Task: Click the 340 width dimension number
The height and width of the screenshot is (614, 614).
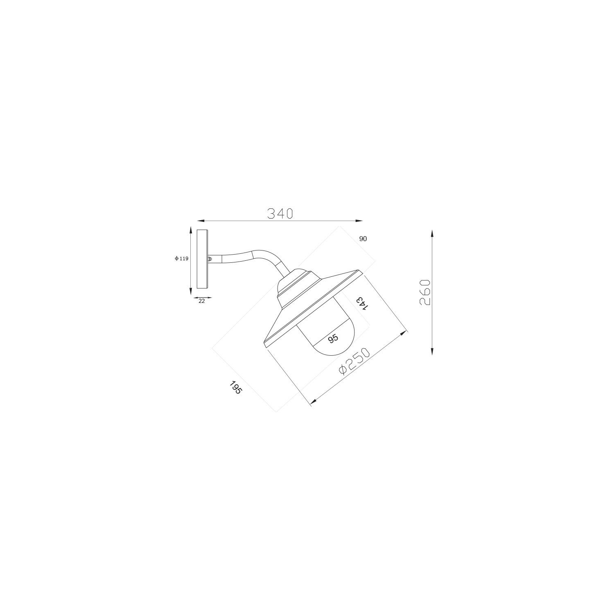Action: tap(280, 213)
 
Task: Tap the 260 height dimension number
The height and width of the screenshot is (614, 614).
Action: tap(425, 292)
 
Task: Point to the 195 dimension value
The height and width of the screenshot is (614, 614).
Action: tap(236, 388)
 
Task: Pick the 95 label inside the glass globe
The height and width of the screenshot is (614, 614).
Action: tap(333, 338)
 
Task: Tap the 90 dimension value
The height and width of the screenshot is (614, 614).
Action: tap(363, 239)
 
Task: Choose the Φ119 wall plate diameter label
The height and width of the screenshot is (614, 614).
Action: tap(181, 258)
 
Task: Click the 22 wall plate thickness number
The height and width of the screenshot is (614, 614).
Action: tap(202, 301)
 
